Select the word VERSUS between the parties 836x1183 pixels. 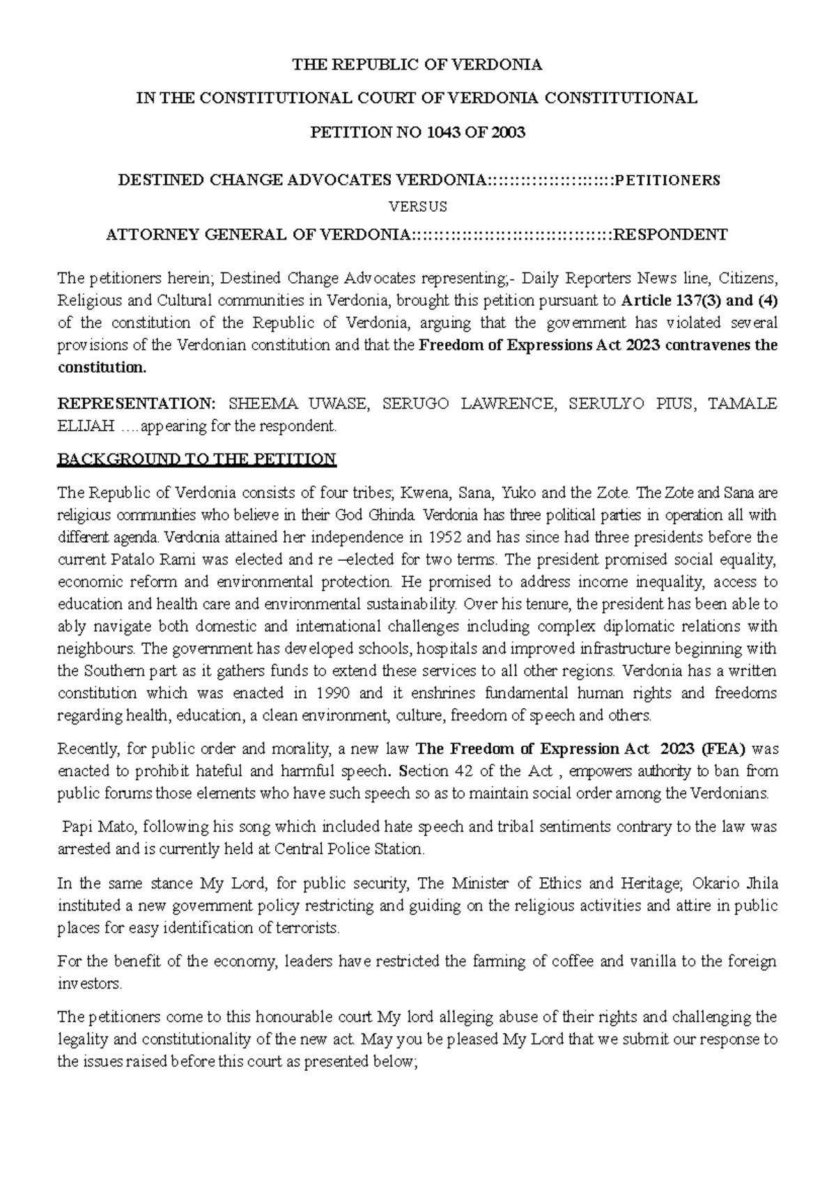tap(417, 207)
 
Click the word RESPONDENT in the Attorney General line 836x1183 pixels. tap(670, 235)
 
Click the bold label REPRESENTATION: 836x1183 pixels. tap(137, 404)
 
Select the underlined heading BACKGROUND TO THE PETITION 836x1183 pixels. tap(197, 460)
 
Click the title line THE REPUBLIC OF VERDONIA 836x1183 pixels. tap(417, 65)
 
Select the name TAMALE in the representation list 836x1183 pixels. tap(742, 404)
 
